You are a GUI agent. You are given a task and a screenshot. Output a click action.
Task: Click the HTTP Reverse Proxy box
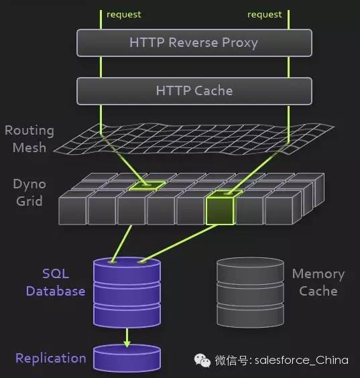(x=194, y=43)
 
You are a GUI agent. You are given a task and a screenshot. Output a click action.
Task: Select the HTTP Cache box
(x=194, y=91)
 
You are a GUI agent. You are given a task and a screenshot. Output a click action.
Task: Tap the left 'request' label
(x=124, y=15)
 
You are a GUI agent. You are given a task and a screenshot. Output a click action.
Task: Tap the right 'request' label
(x=265, y=15)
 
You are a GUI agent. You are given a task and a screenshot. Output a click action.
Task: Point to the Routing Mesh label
(x=29, y=139)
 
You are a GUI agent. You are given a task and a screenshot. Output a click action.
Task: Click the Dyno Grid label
(x=29, y=192)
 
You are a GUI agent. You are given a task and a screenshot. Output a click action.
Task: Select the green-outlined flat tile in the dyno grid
(x=147, y=186)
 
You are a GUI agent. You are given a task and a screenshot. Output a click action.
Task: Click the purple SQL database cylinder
(x=127, y=292)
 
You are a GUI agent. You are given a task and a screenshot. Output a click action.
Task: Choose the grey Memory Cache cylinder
(x=250, y=292)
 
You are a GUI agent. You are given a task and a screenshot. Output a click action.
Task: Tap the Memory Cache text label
(x=318, y=282)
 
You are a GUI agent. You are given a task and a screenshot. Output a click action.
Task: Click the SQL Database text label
(x=56, y=282)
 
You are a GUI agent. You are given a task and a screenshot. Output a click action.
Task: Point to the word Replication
(x=51, y=359)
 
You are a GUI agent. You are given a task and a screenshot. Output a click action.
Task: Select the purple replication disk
(x=127, y=359)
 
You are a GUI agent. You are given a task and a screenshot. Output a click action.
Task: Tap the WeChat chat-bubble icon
(x=202, y=361)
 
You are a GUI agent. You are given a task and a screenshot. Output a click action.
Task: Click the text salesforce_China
(x=302, y=361)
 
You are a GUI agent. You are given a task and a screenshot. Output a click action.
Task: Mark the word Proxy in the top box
(x=240, y=43)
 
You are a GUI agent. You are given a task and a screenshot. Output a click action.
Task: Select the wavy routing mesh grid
(x=194, y=139)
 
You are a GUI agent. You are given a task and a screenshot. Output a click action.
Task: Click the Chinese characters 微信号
(x=231, y=361)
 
